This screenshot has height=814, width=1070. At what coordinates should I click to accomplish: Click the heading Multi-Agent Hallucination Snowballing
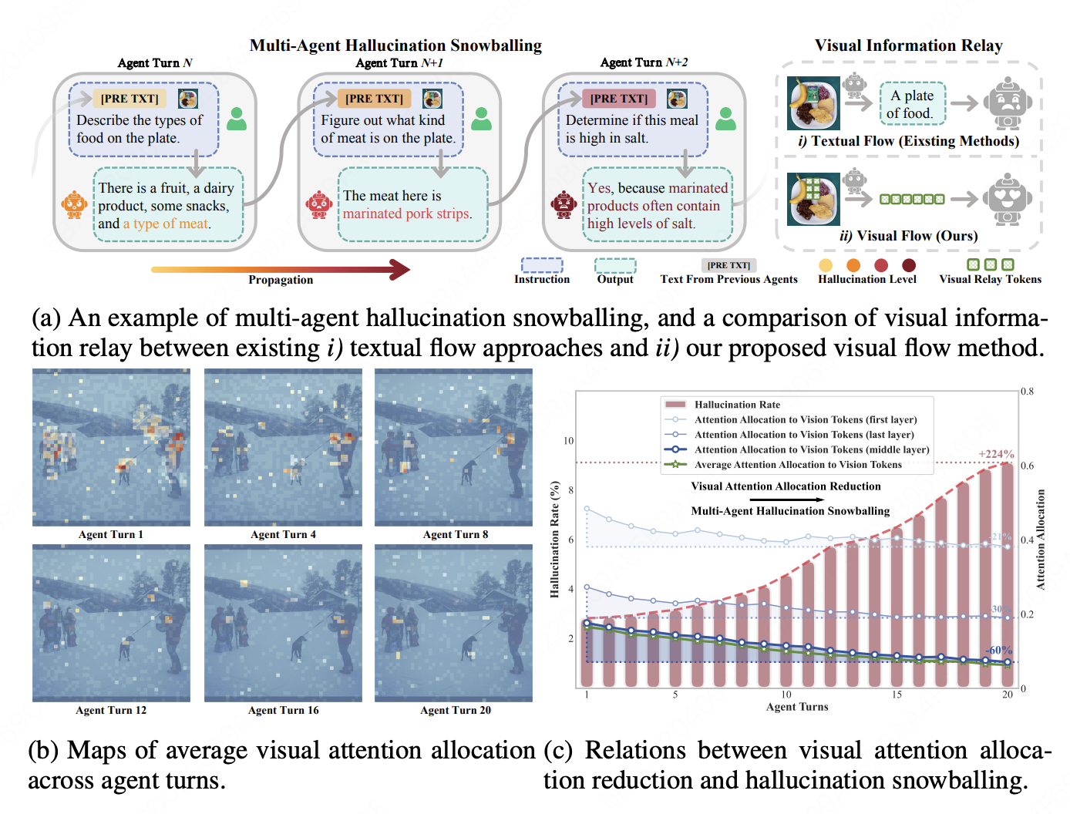[395, 45]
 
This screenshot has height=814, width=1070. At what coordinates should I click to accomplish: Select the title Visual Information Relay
[908, 45]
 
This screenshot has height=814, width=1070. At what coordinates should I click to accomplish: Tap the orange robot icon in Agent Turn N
[74, 205]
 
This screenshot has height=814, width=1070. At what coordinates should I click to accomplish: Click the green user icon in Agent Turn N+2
[725, 119]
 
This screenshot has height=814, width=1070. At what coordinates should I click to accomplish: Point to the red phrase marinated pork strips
[407, 214]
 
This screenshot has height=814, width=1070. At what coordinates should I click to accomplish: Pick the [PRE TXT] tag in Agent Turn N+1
[375, 99]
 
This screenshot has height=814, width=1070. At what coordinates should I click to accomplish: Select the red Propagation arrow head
[400, 269]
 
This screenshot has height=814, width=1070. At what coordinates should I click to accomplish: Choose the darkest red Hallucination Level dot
[909, 264]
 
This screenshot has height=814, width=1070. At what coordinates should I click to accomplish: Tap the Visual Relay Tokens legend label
[990, 279]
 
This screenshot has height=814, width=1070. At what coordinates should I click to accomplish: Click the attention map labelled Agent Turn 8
[453, 447]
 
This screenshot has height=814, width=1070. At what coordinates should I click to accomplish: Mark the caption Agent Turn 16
[283, 710]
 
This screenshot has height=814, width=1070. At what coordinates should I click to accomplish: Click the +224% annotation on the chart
[997, 454]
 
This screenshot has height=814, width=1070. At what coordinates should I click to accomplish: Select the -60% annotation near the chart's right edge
[998, 651]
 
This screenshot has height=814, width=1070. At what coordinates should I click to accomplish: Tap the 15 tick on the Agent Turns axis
[897, 695]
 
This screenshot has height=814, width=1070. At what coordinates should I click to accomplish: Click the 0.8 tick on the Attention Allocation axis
[1027, 392]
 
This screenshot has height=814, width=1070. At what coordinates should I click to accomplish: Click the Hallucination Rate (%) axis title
[555, 540]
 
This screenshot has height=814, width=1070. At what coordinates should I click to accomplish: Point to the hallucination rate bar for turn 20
[1008, 574]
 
